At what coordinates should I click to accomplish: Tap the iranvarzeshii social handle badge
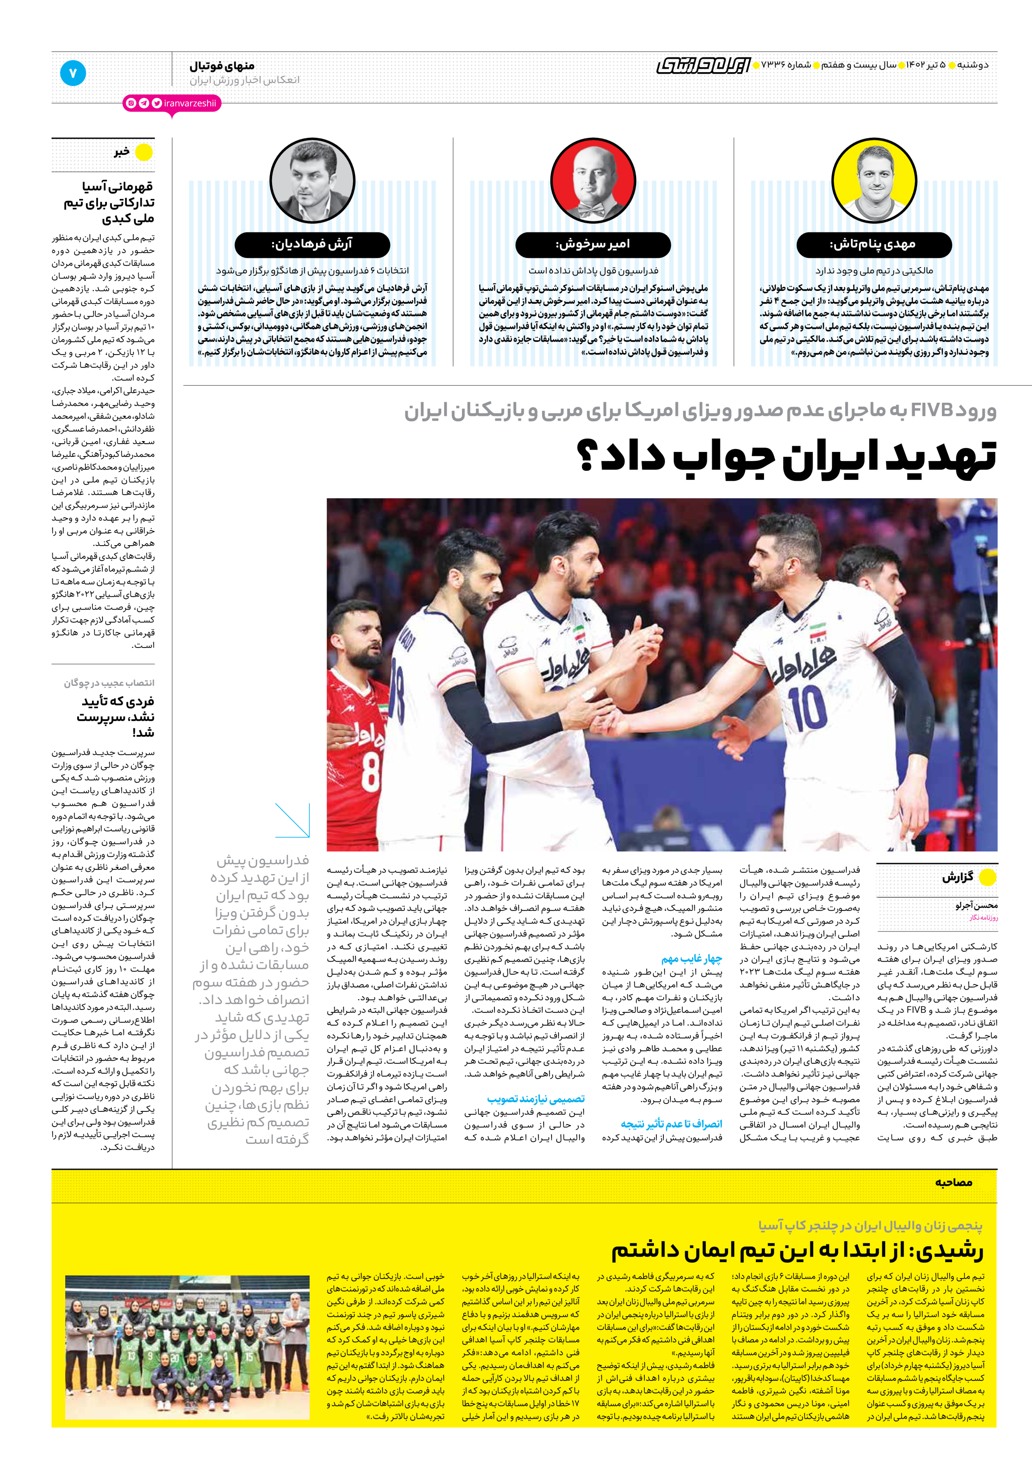click(172, 103)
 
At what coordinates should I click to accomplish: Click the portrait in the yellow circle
click(873, 180)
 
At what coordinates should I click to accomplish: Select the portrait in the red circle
click(593, 180)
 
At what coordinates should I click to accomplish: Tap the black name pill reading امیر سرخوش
click(593, 245)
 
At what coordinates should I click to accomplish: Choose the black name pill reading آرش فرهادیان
click(312, 245)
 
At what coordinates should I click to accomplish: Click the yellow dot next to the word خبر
click(144, 152)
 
